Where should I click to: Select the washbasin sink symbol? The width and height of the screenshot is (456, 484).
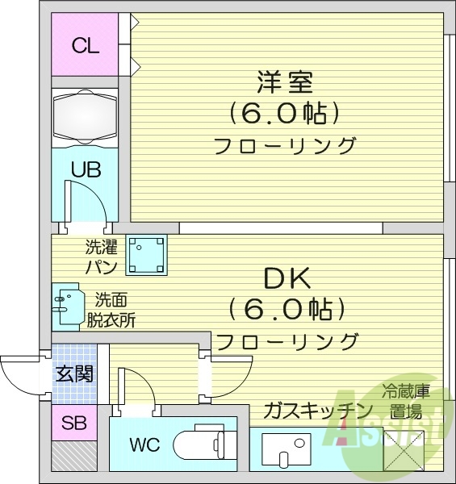click(x=66, y=305)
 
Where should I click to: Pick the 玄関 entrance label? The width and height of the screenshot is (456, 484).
click(x=73, y=373)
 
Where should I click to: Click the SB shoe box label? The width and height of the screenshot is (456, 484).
click(x=73, y=422)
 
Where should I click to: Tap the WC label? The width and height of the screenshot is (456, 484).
click(x=147, y=444)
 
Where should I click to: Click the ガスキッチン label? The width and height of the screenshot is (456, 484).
click(x=315, y=411)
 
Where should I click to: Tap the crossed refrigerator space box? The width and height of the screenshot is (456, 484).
click(x=401, y=449)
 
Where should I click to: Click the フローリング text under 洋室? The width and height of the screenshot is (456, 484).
click(x=284, y=146)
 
